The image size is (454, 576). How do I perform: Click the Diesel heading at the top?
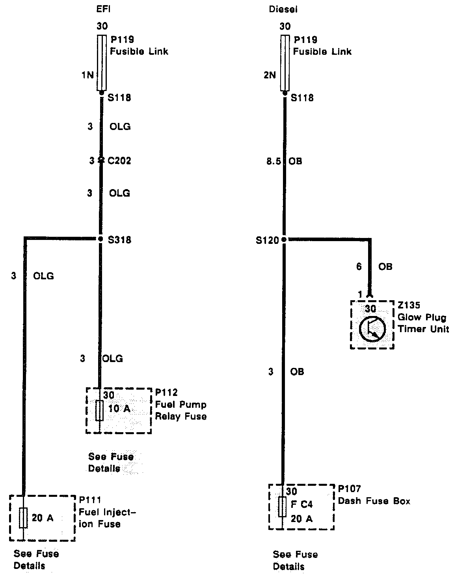tap(283, 9)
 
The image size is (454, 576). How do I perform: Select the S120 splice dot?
tap(284, 239)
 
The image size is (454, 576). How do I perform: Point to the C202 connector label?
tap(119, 161)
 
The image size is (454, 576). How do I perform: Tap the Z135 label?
tap(409, 305)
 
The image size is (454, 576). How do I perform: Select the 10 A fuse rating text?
tap(119, 409)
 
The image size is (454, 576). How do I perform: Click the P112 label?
tap(166, 392)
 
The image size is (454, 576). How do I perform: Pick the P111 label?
tap(90, 500)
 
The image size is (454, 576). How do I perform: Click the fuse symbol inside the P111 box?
tap(23, 518)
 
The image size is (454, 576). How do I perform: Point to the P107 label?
tap(349, 489)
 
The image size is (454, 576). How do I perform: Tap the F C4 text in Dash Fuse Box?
tap(301, 504)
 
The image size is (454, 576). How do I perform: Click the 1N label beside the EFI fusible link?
tap(87, 75)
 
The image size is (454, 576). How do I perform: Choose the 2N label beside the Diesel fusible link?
tap(270, 75)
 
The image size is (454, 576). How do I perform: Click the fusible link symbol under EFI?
tap(101, 63)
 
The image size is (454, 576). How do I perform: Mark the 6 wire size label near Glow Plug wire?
tap(359, 267)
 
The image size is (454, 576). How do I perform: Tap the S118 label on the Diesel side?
tap(302, 98)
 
